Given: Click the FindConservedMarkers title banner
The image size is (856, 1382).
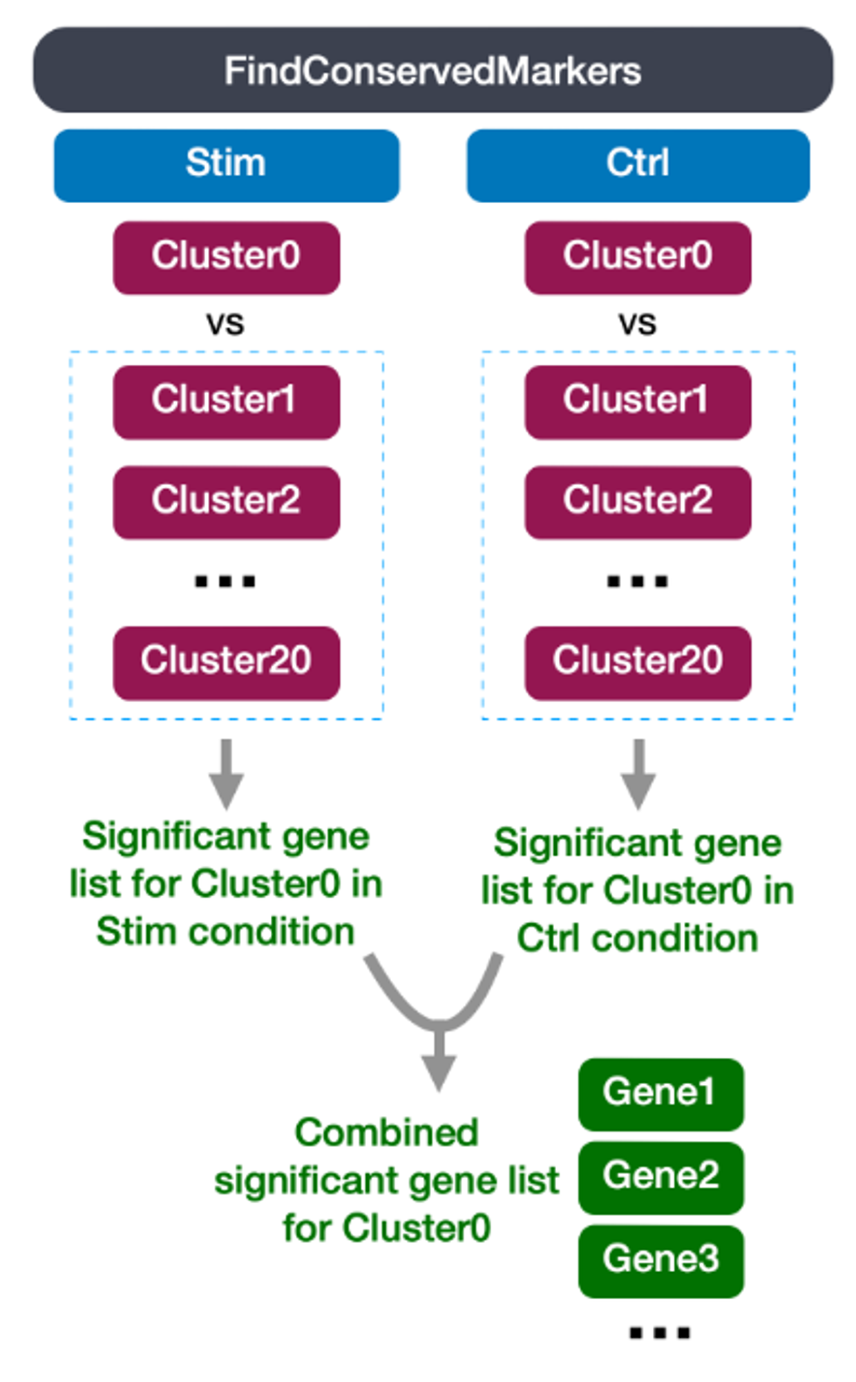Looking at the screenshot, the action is tap(433, 70).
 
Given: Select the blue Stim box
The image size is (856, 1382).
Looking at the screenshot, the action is tap(227, 165).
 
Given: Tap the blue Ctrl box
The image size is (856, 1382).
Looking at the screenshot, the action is tap(638, 165).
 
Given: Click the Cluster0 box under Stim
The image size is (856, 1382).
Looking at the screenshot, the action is tap(227, 258).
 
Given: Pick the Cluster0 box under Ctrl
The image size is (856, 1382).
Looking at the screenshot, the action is tap(638, 258).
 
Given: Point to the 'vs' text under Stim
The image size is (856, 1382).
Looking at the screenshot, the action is tap(225, 323).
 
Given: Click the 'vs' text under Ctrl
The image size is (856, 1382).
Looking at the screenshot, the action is tap(637, 323).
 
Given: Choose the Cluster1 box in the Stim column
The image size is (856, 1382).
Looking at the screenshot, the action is tap(227, 402).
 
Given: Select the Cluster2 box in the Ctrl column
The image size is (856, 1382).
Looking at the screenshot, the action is tap(638, 502).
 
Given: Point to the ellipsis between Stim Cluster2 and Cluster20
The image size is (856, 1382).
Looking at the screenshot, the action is tap(225, 581).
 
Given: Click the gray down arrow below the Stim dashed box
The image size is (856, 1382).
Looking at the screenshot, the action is tap(226, 774).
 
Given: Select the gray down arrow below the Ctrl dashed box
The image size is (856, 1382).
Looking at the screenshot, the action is tap(638, 774).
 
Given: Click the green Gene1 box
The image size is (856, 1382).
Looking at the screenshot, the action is tap(661, 1095).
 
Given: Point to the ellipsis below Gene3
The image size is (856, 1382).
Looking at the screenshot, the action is tap(660, 1332).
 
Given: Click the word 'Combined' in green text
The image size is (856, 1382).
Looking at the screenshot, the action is tap(387, 1133).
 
